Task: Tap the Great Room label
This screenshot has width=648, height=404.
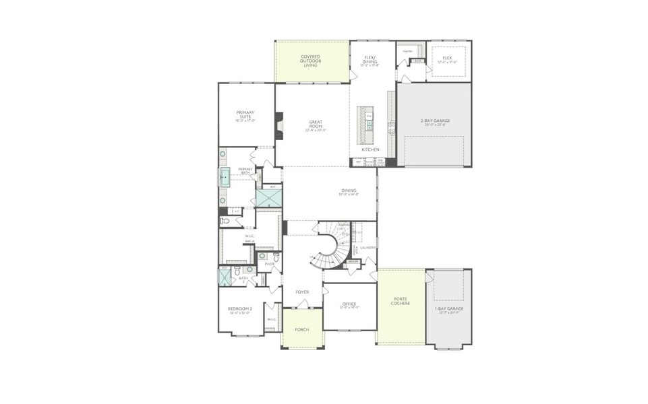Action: pos(316,125)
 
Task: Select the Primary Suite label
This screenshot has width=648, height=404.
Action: pos(245,115)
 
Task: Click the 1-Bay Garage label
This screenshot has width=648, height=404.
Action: pos(449,309)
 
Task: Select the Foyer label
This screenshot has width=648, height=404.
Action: pos(302,292)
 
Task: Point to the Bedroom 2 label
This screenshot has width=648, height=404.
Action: pos(239,309)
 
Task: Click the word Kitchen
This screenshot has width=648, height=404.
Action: pos(370,149)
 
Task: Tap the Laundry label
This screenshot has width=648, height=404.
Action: pos(367,248)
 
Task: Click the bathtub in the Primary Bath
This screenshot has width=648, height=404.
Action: pos(224,177)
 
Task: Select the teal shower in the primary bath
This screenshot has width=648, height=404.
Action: pos(268,199)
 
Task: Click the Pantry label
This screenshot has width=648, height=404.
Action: pos(408,51)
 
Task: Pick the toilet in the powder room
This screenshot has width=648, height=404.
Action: pos(276,257)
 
